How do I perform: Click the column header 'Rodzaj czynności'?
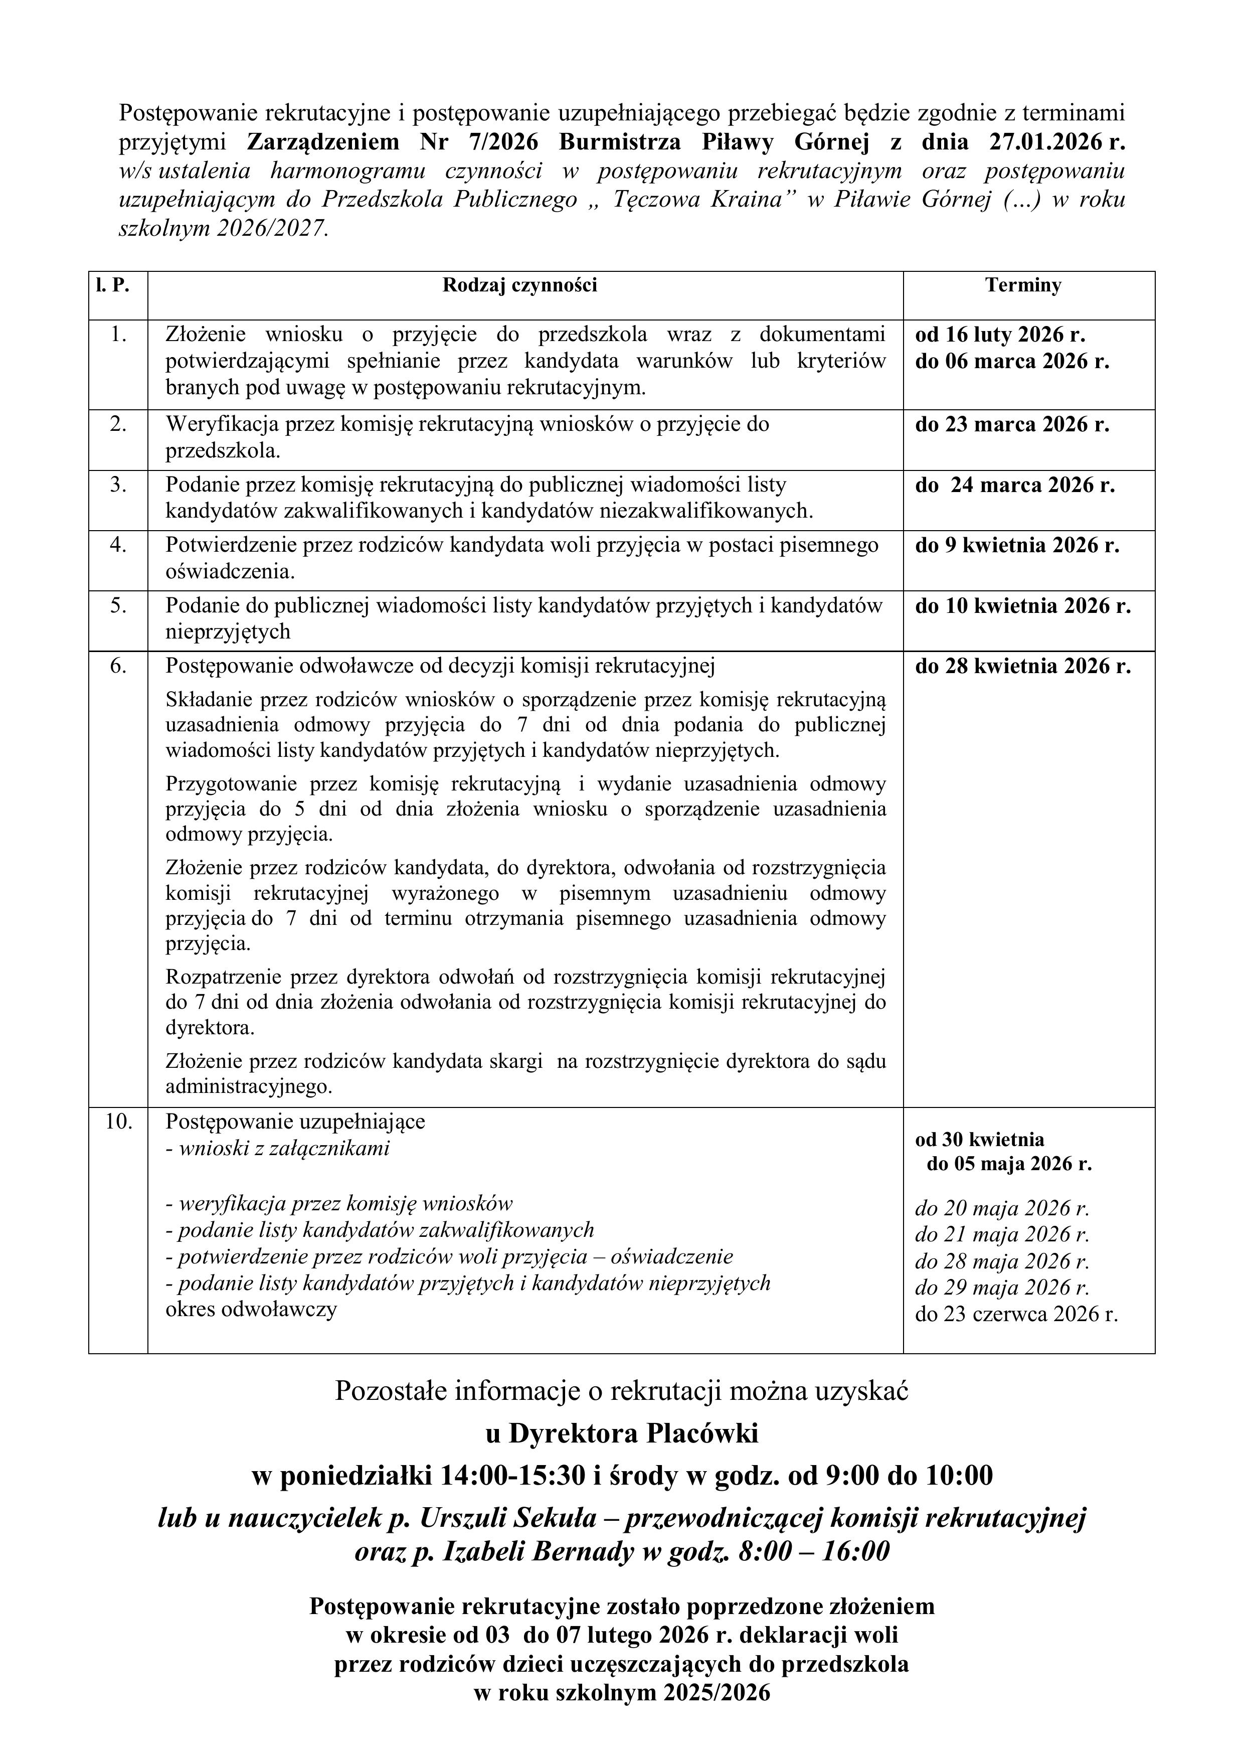tap(519, 286)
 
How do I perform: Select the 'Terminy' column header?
tap(1023, 286)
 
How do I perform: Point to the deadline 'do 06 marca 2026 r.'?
tap(1012, 361)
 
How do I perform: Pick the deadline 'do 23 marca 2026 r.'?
tap(1012, 425)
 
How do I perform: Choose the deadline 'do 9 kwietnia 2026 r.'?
tap(1017, 545)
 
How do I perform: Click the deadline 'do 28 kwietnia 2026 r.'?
tap(1022, 666)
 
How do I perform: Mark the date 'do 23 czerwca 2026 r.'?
tap(1016, 1315)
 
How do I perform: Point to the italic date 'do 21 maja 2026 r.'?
tap(1002, 1234)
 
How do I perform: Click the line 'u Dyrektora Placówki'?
tap(622, 1432)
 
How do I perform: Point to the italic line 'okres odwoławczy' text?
tap(251, 1309)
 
